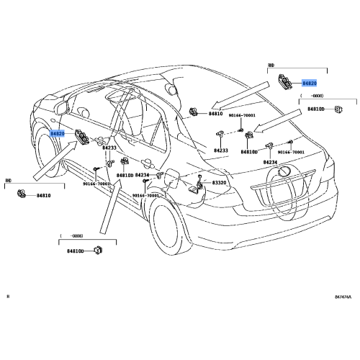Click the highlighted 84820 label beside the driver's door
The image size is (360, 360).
pos(58,134)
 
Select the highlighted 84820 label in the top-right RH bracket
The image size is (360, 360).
pos(310,84)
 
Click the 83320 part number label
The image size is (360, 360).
pos(219,184)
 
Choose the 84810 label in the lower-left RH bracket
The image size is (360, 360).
pos(44,195)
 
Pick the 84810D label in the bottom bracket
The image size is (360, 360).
pos(75,251)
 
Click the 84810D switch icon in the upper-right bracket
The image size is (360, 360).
pos(338,109)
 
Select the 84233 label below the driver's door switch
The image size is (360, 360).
pos(108,148)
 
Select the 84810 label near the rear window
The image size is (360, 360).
pos(216,114)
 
